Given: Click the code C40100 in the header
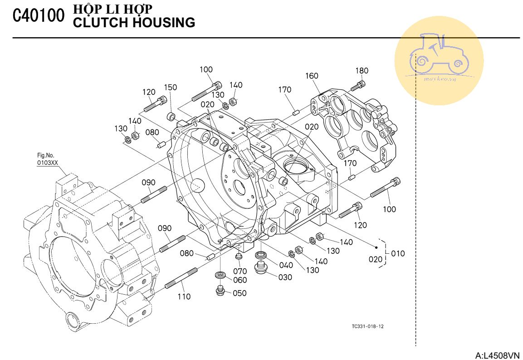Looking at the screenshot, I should (x=39, y=16).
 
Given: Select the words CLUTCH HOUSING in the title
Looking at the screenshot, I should (x=134, y=22).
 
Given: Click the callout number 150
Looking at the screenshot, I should (x=170, y=88).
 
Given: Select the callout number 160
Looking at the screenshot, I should (x=312, y=76).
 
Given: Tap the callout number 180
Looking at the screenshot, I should (x=362, y=71).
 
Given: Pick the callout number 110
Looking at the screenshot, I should (x=184, y=296).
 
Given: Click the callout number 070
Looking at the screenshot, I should (x=240, y=271).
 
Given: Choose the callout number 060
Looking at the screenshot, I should (x=240, y=280).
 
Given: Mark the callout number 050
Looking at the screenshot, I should (x=240, y=293).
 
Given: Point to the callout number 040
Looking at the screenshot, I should (x=286, y=265).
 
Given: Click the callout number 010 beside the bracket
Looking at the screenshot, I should (x=398, y=253).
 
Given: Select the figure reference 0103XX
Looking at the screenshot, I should (x=48, y=162).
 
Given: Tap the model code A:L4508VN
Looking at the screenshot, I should (x=497, y=355).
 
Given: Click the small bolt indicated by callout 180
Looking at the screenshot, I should (x=358, y=85).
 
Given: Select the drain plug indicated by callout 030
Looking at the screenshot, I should (x=260, y=268).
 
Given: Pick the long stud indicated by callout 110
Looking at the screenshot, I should (x=181, y=277).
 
